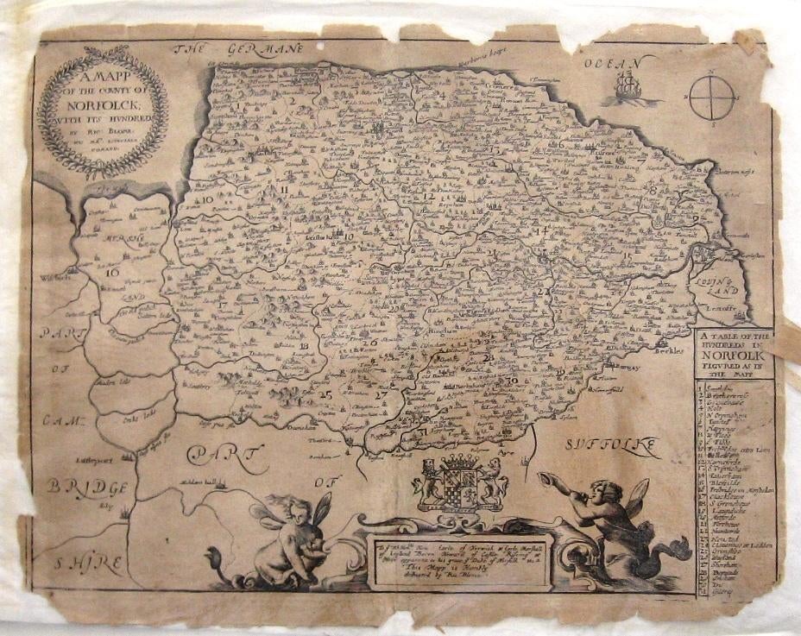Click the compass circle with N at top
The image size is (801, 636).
[712, 98]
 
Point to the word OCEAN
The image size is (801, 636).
[612, 63]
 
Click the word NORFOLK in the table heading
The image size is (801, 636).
[734, 353]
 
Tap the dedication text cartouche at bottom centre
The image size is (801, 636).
[459, 561]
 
